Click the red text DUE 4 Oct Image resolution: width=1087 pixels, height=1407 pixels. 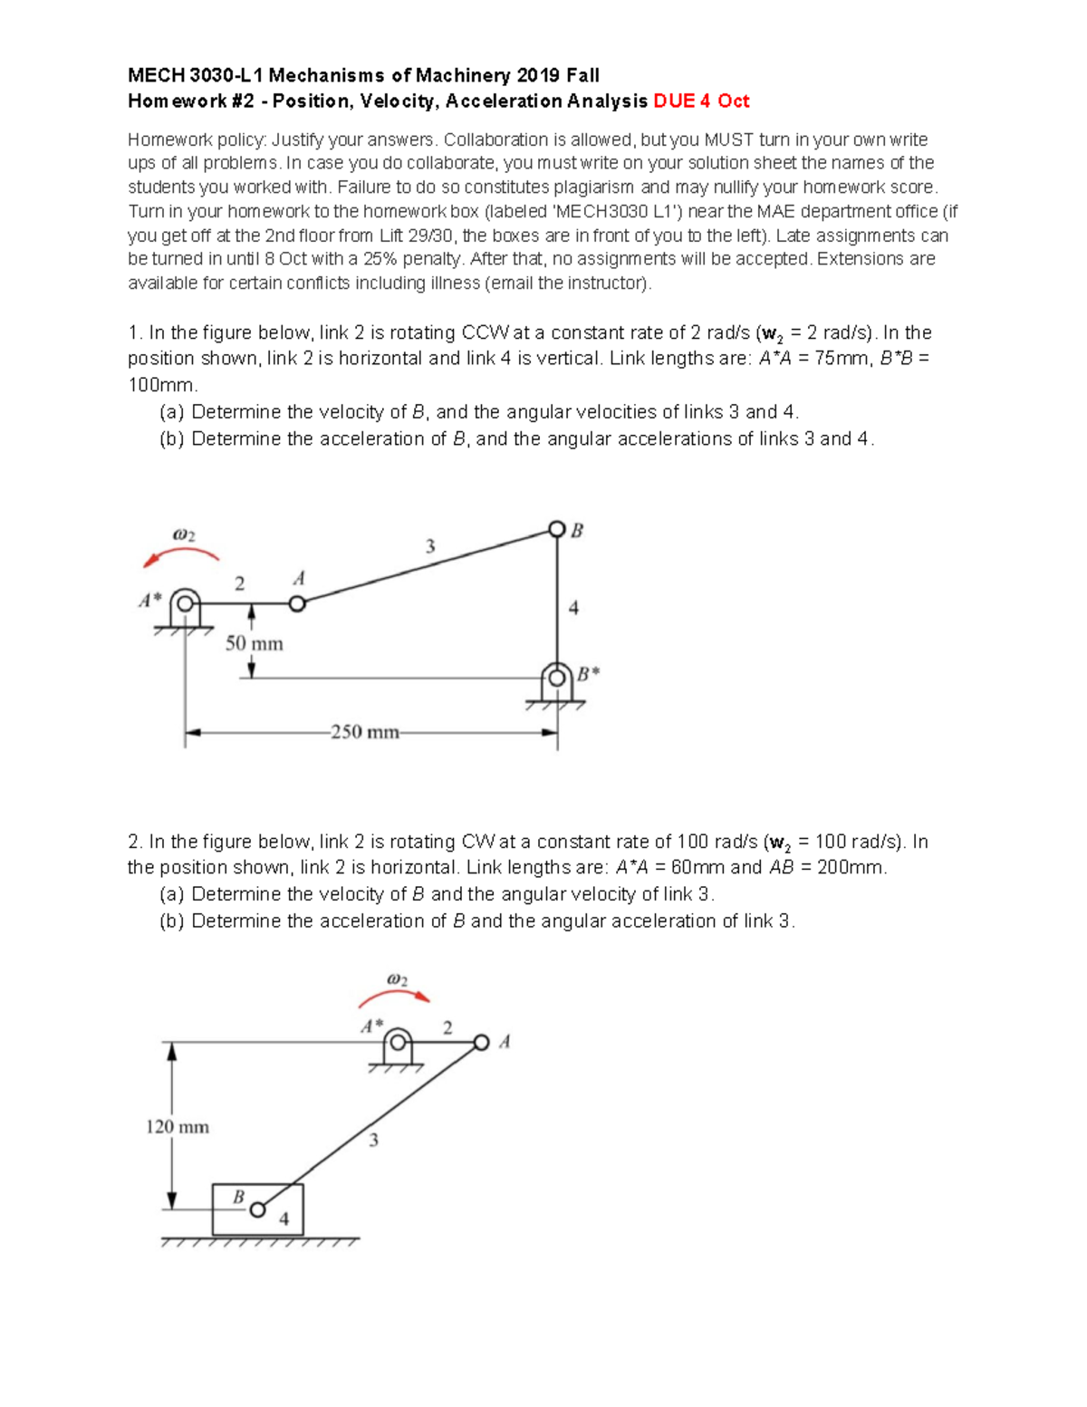coord(701,101)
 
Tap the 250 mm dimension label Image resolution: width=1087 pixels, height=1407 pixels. coord(365,732)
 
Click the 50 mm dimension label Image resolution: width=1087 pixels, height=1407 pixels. coord(254,644)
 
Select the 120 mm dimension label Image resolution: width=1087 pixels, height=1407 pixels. coord(178,1127)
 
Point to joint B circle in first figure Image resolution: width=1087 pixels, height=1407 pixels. coord(557,529)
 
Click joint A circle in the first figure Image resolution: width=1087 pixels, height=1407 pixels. coord(297,603)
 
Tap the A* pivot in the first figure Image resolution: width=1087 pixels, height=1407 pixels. coord(186,602)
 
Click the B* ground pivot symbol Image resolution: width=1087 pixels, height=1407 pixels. coord(556,679)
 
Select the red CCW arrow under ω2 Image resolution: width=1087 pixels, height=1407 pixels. coord(180,555)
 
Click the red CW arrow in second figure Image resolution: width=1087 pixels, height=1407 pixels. coord(394,997)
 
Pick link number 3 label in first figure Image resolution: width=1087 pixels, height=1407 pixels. coord(430,546)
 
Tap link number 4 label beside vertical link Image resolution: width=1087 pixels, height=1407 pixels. coord(573,608)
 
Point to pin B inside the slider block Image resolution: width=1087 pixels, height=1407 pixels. coord(258,1209)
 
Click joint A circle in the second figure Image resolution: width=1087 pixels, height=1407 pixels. coord(481,1043)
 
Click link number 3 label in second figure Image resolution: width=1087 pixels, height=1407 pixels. coord(373,1141)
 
